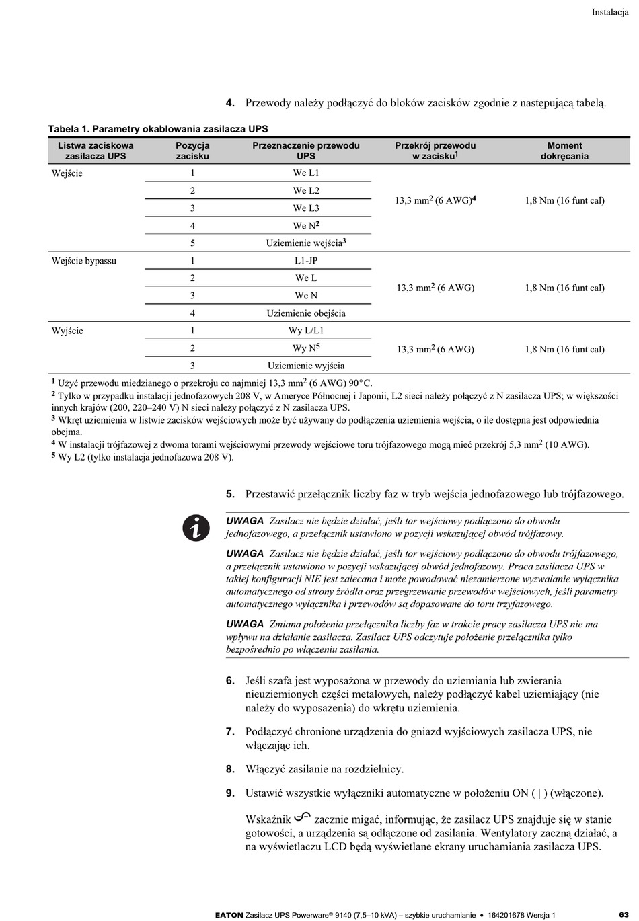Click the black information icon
click(x=196, y=528)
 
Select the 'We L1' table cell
click(x=306, y=173)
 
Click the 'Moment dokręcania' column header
click(x=564, y=151)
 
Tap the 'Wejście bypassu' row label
click(x=84, y=261)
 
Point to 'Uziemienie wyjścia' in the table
click(x=306, y=366)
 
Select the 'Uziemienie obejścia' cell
click(x=306, y=313)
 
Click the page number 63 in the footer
click(x=624, y=914)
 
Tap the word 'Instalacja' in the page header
click(x=609, y=12)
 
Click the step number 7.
click(x=230, y=731)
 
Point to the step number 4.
click(x=230, y=103)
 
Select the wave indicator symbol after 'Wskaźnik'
click(x=302, y=817)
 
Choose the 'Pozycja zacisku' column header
click(x=192, y=151)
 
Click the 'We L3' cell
click(x=306, y=208)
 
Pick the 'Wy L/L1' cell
click(x=306, y=331)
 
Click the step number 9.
click(x=230, y=793)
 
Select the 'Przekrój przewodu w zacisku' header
click(x=435, y=151)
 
